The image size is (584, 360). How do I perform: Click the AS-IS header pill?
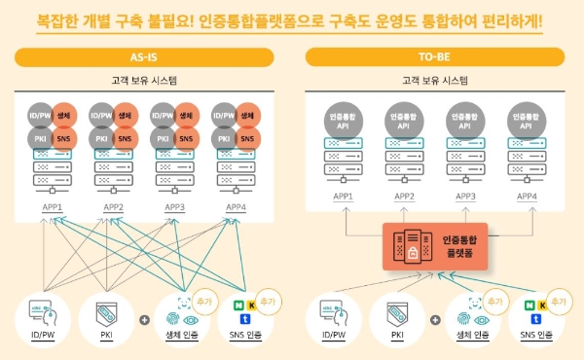(x=145, y=57)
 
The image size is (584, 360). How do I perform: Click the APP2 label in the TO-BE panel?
(x=403, y=197)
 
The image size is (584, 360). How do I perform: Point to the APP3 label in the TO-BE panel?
(x=466, y=197)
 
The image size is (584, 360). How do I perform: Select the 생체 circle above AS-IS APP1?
(x=64, y=116)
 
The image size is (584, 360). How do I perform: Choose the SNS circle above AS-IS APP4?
(x=247, y=138)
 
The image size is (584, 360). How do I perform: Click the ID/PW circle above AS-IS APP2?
(x=102, y=116)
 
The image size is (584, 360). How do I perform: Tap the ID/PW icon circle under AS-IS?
(x=43, y=316)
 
